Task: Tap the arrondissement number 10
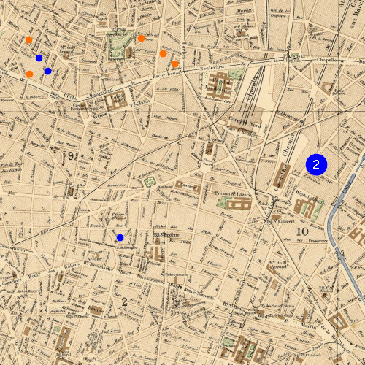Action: pyautogui.click(x=302, y=231)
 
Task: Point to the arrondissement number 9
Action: pyautogui.click(x=72, y=156)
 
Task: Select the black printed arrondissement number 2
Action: pyautogui.click(x=125, y=301)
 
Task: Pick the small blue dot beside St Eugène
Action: pyautogui.click(x=120, y=237)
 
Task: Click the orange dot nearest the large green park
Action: pyautogui.click(x=141, y=38)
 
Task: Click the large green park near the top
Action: pyautogui.click(x=117, y=48)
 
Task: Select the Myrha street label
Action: pyautogui.click(x=244, y=12)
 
